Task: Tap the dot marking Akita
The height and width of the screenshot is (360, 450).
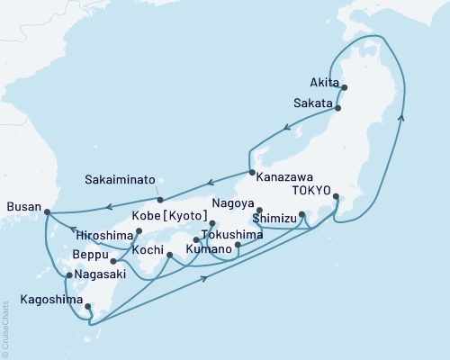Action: tap(345, 87)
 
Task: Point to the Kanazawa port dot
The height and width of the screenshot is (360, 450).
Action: tap(251, 173)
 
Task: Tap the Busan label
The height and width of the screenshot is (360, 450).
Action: tap(23, 207)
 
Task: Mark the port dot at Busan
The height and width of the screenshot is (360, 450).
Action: tap(47, 212)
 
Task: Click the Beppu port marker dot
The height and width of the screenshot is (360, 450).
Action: tap(112, 262)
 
